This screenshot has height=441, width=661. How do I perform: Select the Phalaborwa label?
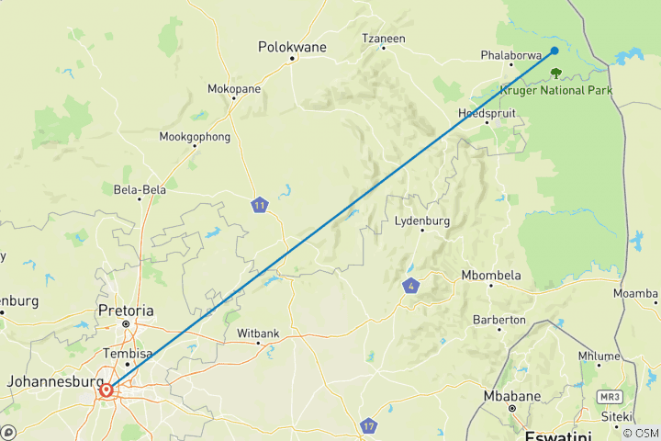tap(511, 55)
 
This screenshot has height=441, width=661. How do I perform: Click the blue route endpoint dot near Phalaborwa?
tap(555, 51)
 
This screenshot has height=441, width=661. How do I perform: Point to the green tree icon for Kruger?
tap(555, 73)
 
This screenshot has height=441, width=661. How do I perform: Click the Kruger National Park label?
tap(556, 90)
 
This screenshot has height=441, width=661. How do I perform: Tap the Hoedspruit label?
tap(487, 113)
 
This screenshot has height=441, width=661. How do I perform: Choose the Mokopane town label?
tap(233, 89)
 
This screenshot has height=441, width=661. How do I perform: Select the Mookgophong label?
tap(195, 137)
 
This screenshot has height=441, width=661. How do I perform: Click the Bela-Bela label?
tap(140, 190)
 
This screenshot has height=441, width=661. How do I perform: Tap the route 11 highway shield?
tap(261, 206)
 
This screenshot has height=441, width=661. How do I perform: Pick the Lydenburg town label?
tap(421, 221)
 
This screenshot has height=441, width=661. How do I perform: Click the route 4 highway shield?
tap(409, 288)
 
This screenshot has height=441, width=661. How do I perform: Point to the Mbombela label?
tap(491, 275)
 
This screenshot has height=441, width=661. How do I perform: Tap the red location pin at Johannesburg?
tap(106, 390)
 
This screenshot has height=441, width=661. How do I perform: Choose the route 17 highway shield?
tap(368, 426)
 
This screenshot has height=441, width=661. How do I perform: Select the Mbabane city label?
tap(511, 397)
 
